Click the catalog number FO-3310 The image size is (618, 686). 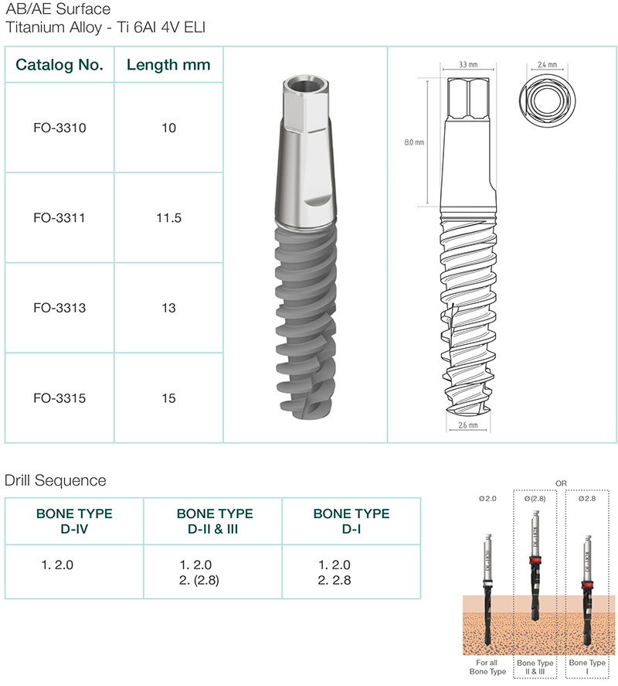click(x=59, y=128)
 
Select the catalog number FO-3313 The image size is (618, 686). click(x=59, y=308)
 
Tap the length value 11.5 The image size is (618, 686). click(x=168, y=218)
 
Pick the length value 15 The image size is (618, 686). click(x=168, y=398)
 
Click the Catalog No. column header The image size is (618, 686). click(x=59, y=65)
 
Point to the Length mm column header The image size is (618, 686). click(x=168, y=65)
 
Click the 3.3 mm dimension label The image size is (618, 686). click(x=468, y=64)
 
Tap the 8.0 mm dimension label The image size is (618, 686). click(x=414, y=142)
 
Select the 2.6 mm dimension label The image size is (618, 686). click(x=468, y=425)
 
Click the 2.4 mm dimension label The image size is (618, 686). click(x=547, y=64)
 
